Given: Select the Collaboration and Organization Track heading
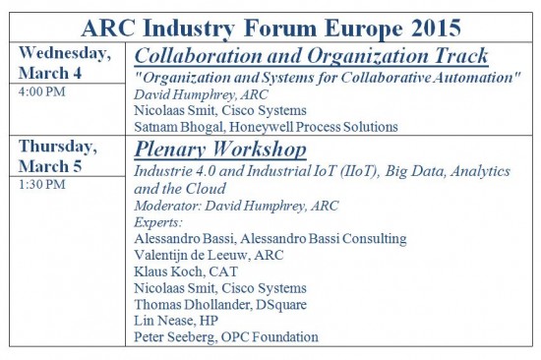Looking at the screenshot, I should (x=311, y=55).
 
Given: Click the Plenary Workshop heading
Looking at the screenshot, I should (x=221, y=150).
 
